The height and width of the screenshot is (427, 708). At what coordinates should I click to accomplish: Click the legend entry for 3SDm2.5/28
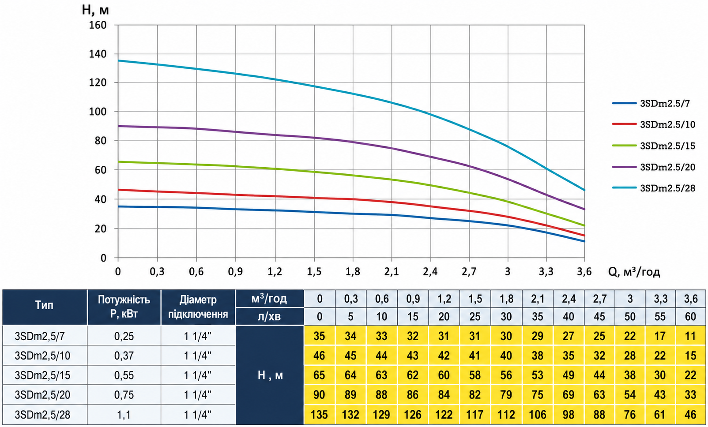tap(654, 188)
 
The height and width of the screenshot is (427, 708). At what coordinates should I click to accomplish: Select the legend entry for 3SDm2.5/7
tap(651, 103)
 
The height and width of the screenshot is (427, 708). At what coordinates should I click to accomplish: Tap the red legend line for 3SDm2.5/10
tap(624, 124)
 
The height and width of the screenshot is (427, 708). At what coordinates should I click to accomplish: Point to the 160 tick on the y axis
tap(99, 25)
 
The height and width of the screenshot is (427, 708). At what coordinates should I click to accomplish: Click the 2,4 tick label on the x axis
tap(430, 272)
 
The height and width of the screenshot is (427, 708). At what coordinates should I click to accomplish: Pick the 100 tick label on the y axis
tap(99, 112)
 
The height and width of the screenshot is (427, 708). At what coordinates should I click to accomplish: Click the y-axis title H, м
tap(95, 10)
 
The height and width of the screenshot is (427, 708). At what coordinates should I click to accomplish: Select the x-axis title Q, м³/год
tap(634, 272)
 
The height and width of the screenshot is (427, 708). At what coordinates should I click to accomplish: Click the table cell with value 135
tap(319, 414)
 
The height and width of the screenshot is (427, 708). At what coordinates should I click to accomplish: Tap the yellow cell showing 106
tap(537, 414)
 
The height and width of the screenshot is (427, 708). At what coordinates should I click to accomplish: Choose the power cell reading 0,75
tap(124, 395)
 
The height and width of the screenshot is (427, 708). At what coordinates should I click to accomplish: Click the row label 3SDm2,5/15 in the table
tap(42, 375)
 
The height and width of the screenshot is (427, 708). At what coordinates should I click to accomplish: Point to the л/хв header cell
tap(269, 316)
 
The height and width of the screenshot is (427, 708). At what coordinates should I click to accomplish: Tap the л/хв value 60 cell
tap(691, 316)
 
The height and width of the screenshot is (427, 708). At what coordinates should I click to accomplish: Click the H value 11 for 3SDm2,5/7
tap(691, 336)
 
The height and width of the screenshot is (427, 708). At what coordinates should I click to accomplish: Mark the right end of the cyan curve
tap(584, 190)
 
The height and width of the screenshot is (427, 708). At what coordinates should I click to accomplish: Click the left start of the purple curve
tap(118, 126)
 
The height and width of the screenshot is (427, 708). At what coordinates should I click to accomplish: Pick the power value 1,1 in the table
tap(124, 414)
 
